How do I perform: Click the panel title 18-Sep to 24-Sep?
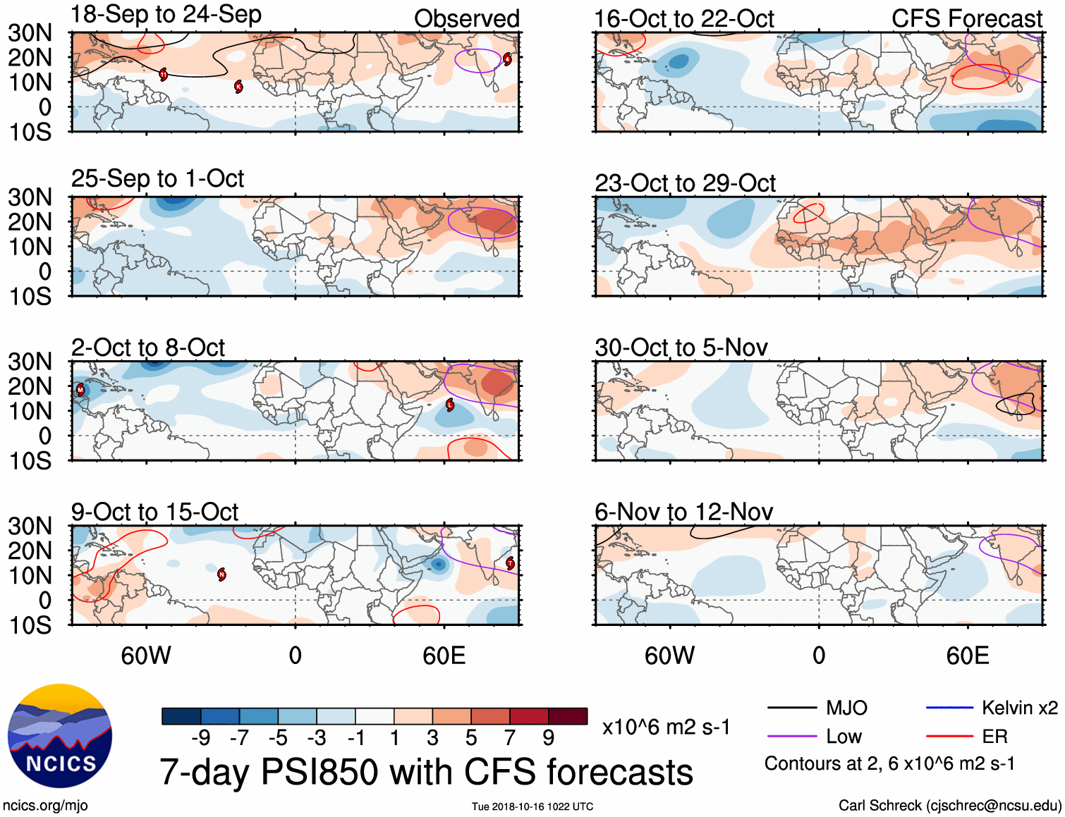coord(166,15)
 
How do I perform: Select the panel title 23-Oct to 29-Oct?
coord(685,183)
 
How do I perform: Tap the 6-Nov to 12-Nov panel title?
coord(683,512)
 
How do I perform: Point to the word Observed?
coord(466,19)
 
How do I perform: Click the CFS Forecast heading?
coord(966,19)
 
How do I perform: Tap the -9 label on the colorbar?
coord(200,738)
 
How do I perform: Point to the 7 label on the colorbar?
coord(510,738)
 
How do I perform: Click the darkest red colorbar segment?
coord(568,716)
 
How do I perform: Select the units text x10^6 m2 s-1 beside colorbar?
coord(666,727)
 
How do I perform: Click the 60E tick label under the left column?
coord(444,656)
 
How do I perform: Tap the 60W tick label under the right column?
coord(669,656)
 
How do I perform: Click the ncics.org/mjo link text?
coord(45,805)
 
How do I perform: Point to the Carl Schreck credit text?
coord(949,805)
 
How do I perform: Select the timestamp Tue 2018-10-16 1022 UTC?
coord(532,806)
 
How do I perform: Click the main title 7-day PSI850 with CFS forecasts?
coord(426,772)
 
